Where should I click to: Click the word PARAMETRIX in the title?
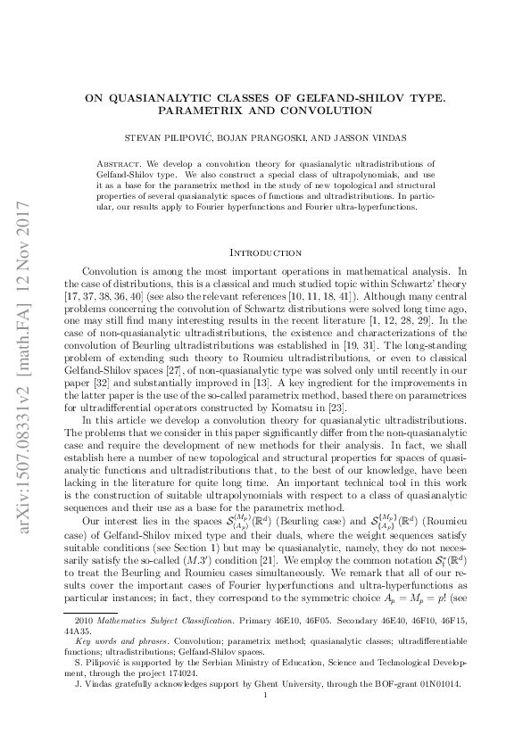pos(195,111)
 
